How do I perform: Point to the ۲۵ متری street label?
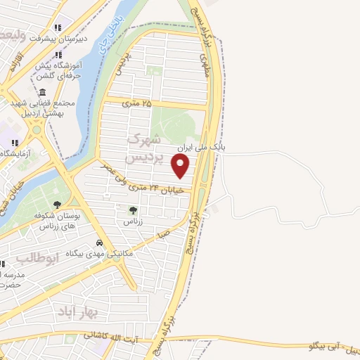click(136, 103)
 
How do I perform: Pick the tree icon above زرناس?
click(133, 210)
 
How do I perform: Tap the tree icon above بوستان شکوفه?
click(57, 205)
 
